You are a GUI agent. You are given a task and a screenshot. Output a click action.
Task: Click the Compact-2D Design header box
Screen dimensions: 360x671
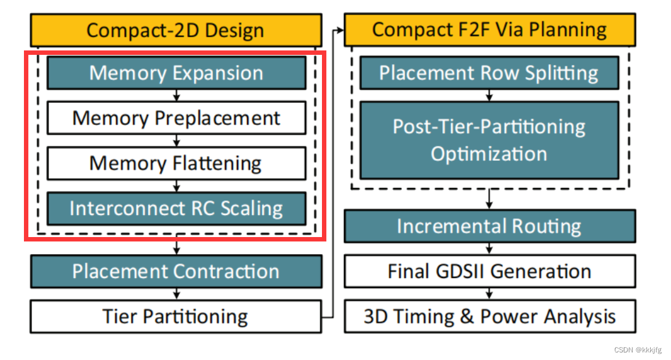tap(175, 30)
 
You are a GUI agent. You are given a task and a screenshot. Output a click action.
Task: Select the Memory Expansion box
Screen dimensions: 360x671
tap(176, 73)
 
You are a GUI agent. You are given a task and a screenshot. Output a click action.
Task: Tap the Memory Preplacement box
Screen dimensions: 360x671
tap(176, 118)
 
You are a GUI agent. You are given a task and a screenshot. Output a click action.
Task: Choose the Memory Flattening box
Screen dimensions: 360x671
tap(176, 163)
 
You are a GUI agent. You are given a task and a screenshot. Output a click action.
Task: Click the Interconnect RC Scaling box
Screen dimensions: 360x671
tap(176, 209)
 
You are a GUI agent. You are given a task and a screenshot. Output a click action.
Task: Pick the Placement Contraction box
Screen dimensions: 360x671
tap(176, 272)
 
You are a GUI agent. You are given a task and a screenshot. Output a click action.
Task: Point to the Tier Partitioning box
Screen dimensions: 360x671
tap(176, 316)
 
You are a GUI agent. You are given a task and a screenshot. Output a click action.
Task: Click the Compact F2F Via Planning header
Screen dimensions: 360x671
tap(490, 30)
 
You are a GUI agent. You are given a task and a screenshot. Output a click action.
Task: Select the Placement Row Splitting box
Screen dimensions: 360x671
tap(489, 73)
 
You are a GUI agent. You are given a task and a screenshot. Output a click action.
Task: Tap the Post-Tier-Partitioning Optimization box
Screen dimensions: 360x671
tap(489, 140)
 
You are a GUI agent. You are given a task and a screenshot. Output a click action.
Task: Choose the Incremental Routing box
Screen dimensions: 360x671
tap(490, 226)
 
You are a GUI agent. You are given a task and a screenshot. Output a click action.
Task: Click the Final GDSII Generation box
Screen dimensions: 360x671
tap(490, 272)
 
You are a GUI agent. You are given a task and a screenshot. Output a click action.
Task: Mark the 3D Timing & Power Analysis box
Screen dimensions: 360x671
tap(490, 316)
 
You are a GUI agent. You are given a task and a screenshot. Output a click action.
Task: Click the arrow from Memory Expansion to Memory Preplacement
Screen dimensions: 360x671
tap(176, 95)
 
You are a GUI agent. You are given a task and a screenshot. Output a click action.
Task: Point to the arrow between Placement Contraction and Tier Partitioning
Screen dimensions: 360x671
tap(176, 294)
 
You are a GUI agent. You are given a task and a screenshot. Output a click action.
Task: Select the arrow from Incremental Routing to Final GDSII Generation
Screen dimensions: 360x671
tap(490, 249)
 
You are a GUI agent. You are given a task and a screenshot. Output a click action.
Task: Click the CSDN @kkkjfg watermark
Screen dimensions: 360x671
tap(637, 351)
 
